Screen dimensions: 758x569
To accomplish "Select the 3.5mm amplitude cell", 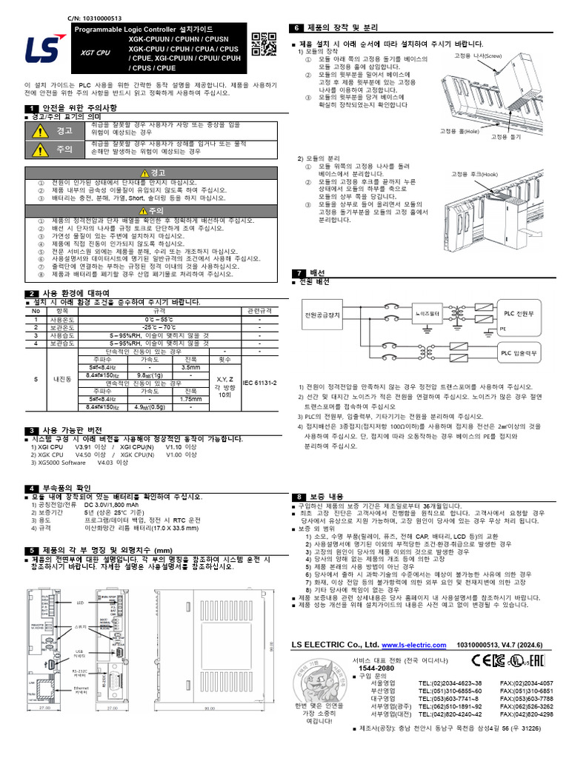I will (190, 367).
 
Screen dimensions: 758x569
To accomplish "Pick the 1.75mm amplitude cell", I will (190, 399).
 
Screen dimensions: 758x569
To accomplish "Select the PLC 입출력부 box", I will (519, 355).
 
